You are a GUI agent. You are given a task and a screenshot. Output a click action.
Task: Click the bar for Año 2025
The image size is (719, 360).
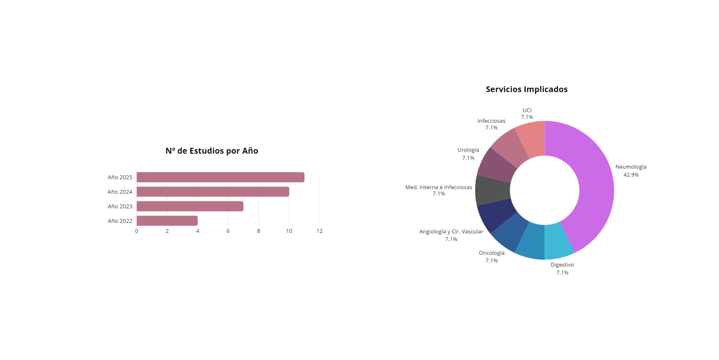[x=220, y=177]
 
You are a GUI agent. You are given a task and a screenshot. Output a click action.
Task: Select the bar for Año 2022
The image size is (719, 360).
[x=167, y=221]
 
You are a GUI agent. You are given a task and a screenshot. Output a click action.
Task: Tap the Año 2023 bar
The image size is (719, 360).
[x=190, y=206]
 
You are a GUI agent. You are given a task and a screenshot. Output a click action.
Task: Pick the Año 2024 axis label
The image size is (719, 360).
[x=120, y=192]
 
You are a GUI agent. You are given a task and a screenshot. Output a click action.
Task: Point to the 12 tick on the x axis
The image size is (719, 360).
[x=319, y=231]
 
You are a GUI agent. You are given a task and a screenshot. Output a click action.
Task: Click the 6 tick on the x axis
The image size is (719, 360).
[x=228, y=231]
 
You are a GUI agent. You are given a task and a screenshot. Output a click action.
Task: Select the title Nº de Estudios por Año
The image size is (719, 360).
[x=212, y=151]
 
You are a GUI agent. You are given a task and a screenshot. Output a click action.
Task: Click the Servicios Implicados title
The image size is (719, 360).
[x=527, y=89]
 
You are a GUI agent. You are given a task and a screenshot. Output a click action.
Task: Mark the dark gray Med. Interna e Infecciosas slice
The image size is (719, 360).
[x=493, y=190]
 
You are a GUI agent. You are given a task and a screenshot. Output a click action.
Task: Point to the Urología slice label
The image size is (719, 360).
[x=468, y=150]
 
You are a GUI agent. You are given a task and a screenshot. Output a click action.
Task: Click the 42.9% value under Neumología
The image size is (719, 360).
[x=631, y=175]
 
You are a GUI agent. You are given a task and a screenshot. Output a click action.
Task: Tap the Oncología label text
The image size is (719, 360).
[x=491, y=253]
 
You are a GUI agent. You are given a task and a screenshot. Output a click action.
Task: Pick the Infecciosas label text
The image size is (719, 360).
[x=491, y=121]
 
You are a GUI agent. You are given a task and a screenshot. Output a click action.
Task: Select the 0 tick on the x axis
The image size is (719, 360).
[x=137, y=231]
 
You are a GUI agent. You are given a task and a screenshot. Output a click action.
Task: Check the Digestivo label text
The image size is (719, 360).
[x=562, y=265]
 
